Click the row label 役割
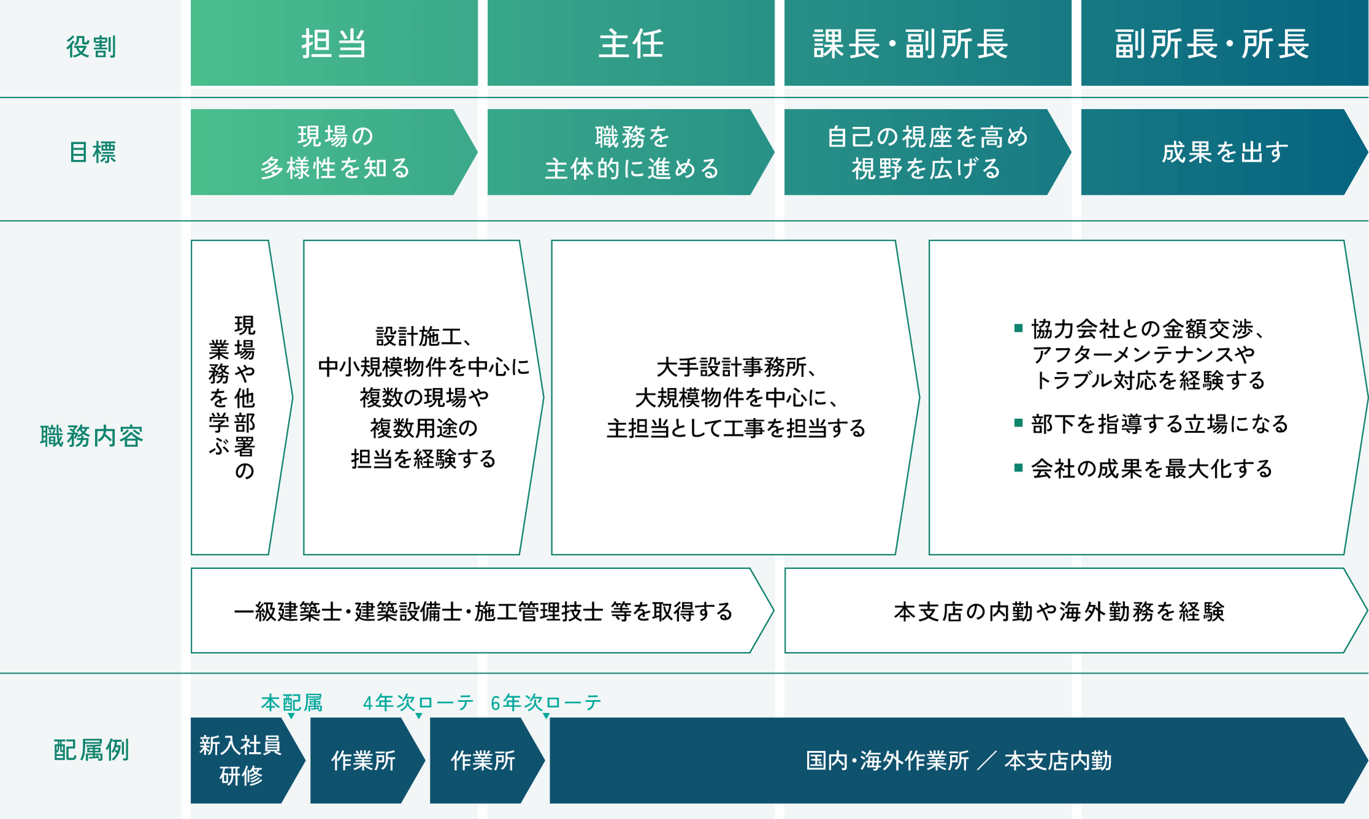91,47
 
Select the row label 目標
92,152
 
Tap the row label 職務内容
91,436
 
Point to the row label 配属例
91,750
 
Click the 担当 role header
334,43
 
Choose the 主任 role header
631,43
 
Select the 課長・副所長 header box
928,43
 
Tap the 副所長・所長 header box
1225,43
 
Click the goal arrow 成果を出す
1225,152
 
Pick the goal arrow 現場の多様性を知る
334,152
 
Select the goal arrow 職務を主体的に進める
631,152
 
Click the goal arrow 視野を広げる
928,152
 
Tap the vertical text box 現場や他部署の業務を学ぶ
242,397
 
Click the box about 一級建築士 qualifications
483,611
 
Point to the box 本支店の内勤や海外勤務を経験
1076,611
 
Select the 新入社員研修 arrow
248,760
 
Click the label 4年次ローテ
418,703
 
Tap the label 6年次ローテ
546,703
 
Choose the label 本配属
292,703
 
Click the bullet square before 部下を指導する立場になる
1019,422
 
